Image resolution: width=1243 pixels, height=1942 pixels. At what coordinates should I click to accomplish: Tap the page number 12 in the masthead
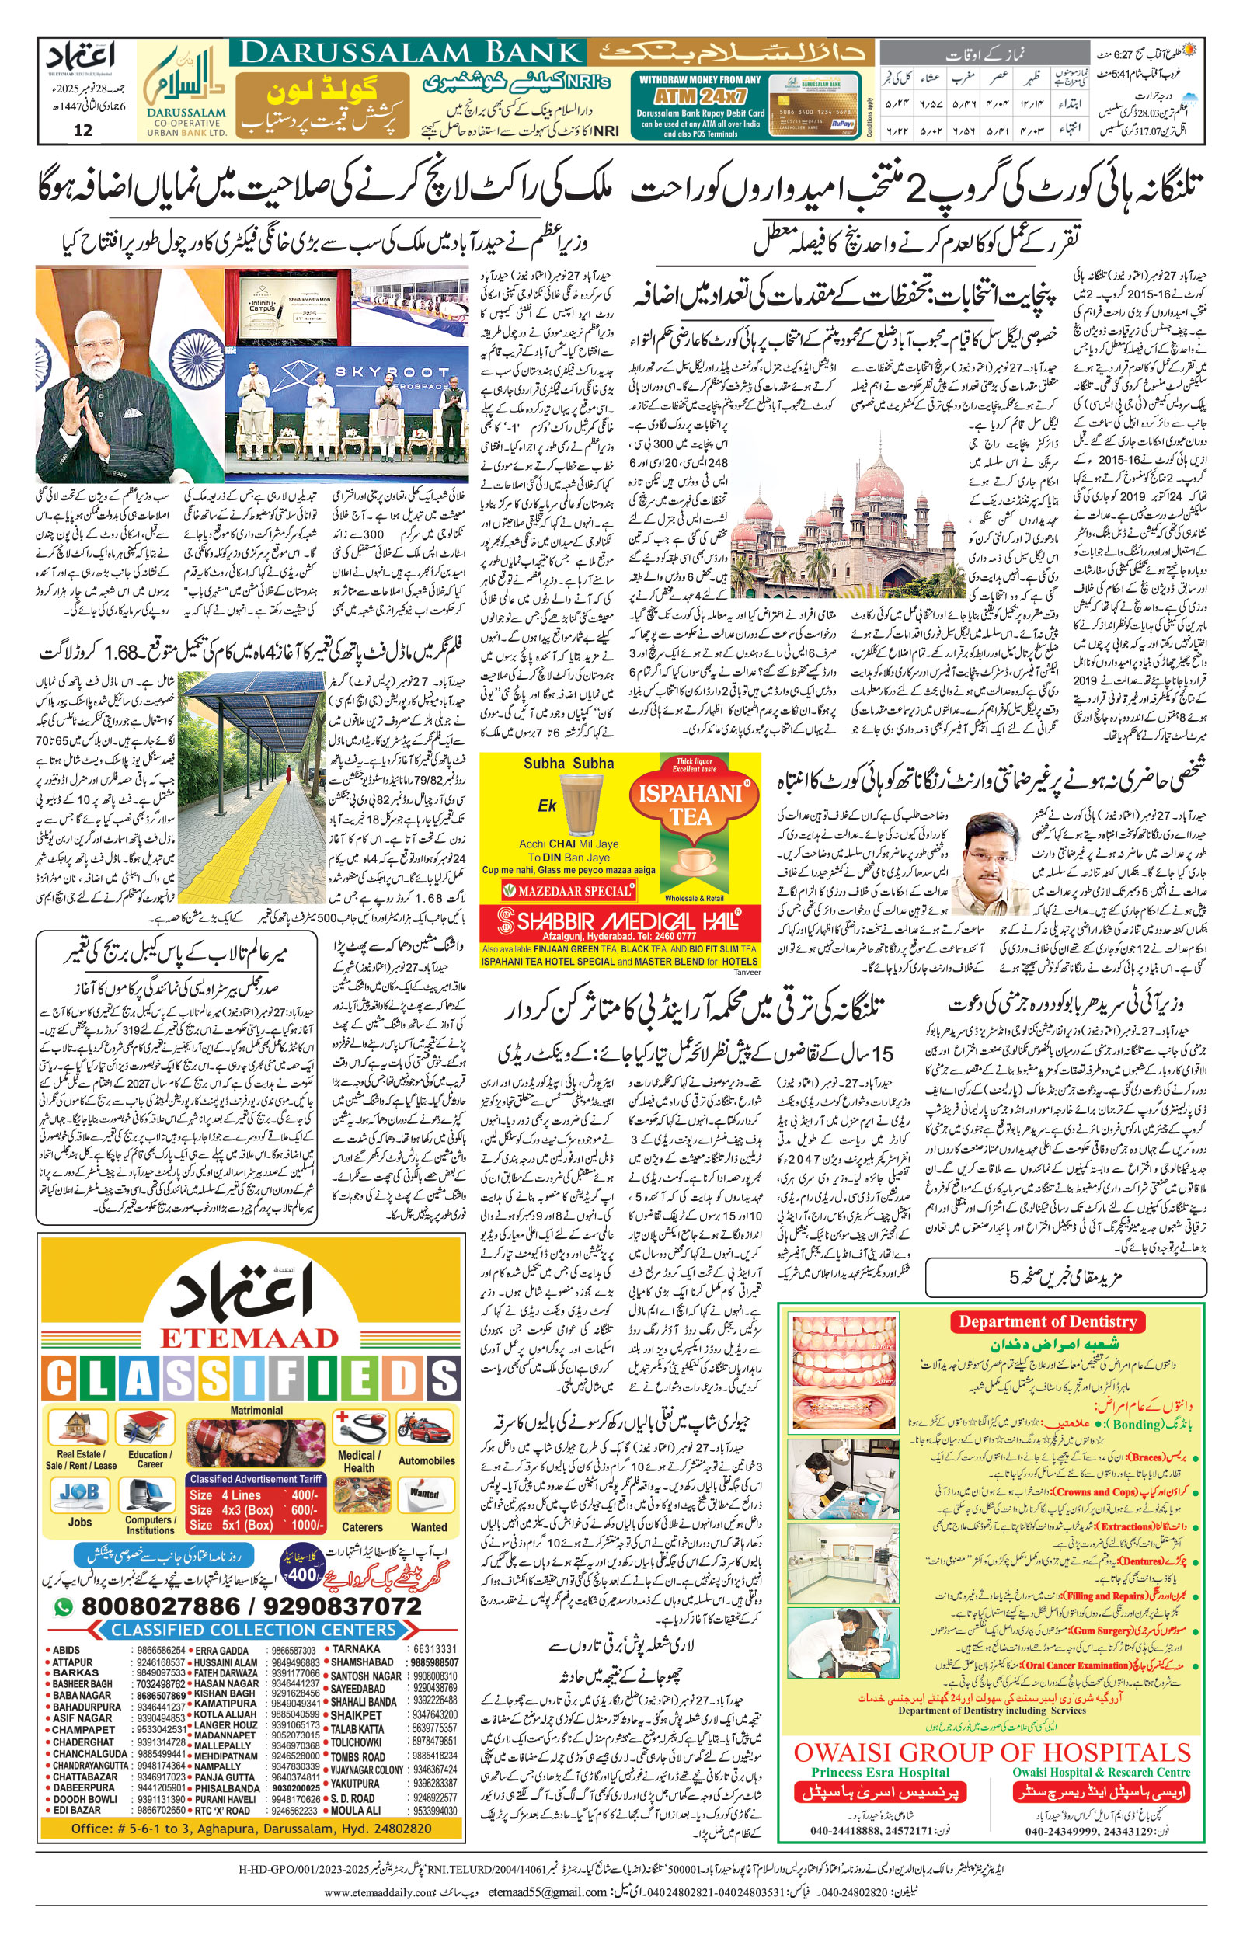tap(82, 131)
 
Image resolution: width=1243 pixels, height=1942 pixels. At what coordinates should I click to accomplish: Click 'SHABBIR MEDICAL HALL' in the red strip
tap(620, 921)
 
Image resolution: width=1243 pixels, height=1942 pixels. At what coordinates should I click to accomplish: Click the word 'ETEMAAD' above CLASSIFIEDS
tap(250, 1338)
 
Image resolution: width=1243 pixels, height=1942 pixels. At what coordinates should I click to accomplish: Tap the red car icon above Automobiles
tap(427, 1429)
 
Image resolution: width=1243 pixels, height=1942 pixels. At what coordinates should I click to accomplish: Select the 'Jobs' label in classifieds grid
tap(80, 1522)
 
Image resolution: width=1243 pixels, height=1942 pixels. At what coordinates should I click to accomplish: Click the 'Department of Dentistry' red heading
tap(1048, 1321)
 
